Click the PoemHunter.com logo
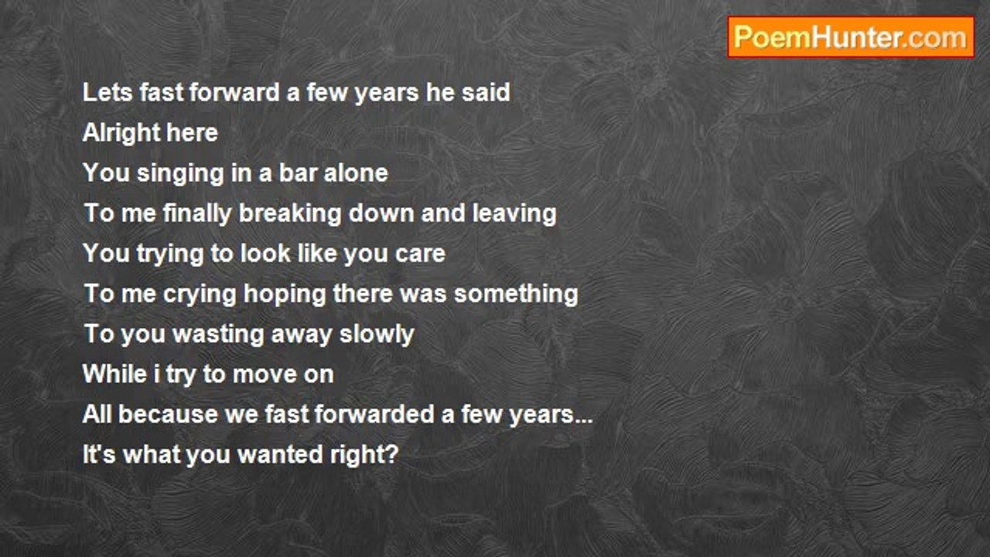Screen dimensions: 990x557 851,38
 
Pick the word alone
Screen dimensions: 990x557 356,173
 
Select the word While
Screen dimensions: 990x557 115,374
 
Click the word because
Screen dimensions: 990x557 168,414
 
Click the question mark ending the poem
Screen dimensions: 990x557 392,454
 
